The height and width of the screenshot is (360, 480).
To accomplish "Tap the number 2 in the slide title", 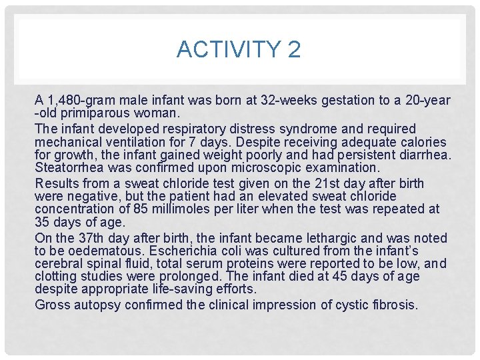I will click(294, 49).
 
